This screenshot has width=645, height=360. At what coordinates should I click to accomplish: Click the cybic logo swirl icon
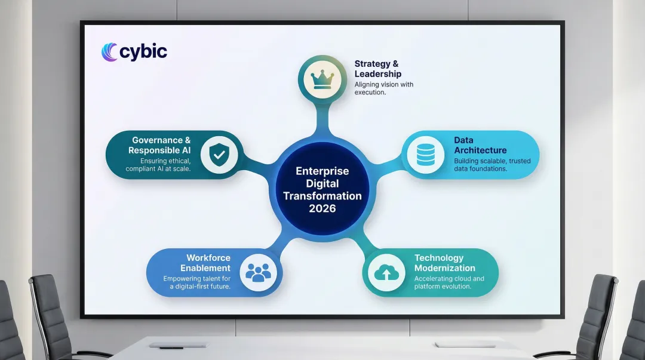pyautogui.click(x=109, y=52)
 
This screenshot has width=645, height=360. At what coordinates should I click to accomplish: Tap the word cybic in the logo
pyautogui.click(x=143, y=52)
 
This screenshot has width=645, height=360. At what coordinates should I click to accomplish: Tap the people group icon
pyautogui.click(x=258, y=272)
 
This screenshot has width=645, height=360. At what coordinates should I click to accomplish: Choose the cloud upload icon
pyautogui.click(x=386, y=272)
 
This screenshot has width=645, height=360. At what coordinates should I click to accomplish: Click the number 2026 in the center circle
pyautogui.click(x=322, y=208)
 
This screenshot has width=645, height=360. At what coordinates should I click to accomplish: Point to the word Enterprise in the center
pyautogui.click(x=322, y=171)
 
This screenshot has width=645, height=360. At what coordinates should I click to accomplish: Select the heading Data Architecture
pyautogui.click(x=480, y=146)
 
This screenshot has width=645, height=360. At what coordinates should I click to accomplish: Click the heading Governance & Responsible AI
pyautogui.click(x=159, y=146)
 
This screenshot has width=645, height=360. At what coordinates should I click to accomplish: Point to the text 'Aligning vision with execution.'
pyautogui.click(x=384, y=89)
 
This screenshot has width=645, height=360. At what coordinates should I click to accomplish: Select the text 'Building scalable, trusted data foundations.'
pyautogui.click(x=488, y=165)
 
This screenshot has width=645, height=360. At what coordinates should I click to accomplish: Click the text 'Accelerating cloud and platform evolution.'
pyautogui.click(x=449, y=282)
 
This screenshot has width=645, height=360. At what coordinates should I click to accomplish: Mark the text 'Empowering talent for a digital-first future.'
pyautogui.click(x=197, y=282)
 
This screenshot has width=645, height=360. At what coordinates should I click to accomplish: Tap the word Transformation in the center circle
pyautogui.click(x=322, y=196)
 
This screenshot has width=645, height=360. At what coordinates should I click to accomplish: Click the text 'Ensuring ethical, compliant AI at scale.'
pyautogui.click(x=158, y=165)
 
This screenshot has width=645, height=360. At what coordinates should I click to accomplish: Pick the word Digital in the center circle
pyautogui.click(x=322, y=183)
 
